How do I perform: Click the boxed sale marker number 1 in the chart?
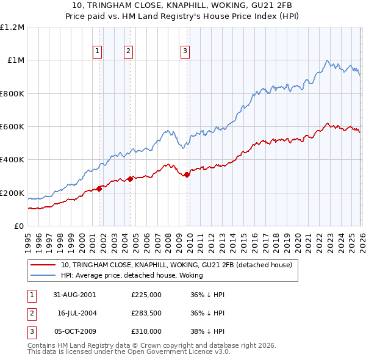click(98, 52)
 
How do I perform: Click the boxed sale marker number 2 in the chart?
click(129, 52)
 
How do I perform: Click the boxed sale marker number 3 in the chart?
click(185, 52)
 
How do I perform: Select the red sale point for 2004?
click(131, 179)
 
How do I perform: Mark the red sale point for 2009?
click(187, 175)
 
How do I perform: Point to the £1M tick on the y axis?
click(15, 60)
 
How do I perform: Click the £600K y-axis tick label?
click(12, 127)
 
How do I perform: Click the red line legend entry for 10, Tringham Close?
click(177, 265)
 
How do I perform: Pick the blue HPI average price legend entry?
click(140, 276)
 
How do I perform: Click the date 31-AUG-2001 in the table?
click(74, 295)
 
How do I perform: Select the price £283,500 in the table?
click(146, 313)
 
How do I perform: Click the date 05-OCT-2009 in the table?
click(74, 331)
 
